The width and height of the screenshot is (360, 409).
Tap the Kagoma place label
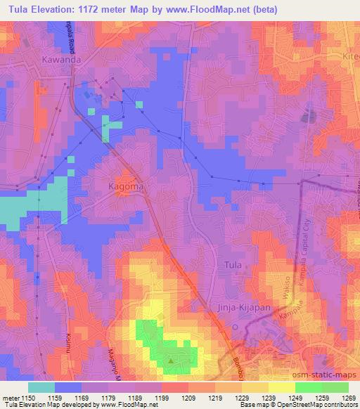(126, 187)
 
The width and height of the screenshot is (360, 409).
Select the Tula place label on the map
(231, 264)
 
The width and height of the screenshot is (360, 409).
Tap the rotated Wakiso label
(287, 304)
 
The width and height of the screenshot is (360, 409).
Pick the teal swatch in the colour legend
(41, 387)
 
